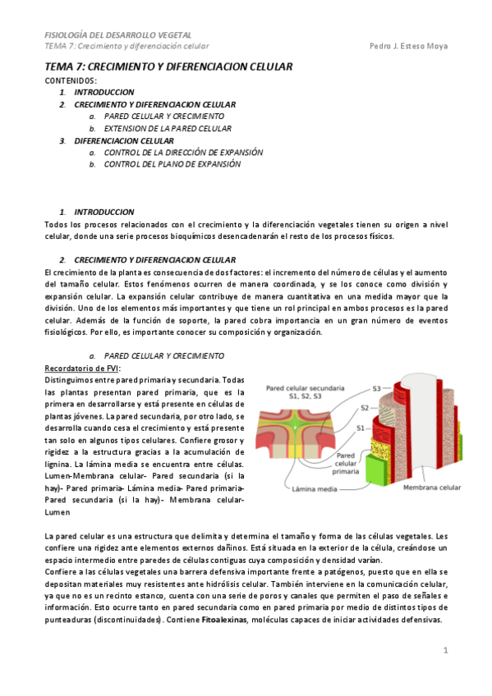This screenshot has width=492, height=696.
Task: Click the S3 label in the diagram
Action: [377, 387]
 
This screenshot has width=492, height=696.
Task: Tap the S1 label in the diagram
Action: [361, 428]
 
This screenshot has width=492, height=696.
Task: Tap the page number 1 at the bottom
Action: [445, 650]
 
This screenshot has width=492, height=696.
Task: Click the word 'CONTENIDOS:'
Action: [71, 80]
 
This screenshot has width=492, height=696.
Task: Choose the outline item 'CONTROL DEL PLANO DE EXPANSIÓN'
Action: [172, 164]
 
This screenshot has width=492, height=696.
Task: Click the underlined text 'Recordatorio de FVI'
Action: [82, 368]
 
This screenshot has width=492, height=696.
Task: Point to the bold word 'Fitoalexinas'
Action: [225, 620]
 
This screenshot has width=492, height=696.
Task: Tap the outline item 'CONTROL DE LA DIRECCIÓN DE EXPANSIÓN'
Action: [183, 152]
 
